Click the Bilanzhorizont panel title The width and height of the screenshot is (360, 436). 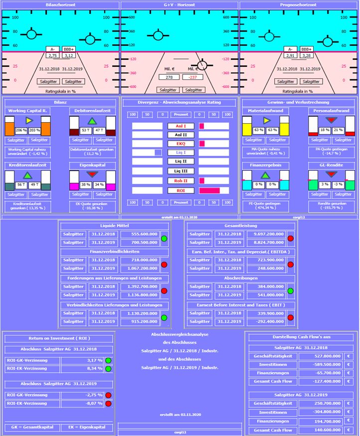[x=60, y=5]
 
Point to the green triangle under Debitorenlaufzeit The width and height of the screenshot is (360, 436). [x=92, y=121]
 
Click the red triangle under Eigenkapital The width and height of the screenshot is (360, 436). [x=92, y=174]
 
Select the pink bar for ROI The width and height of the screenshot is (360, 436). [x=209, y=191]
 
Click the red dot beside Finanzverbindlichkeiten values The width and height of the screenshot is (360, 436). [x=164, y=265]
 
